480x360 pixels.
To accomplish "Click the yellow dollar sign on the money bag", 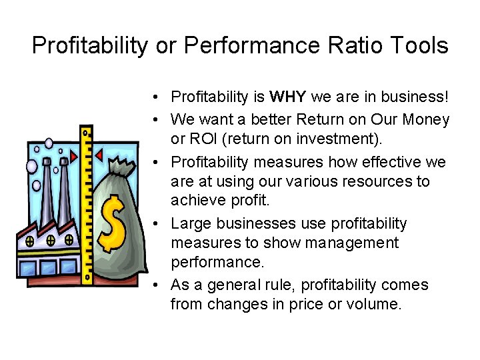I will click(x=114, y=221).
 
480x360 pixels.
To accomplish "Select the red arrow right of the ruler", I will click(x=99, y=156).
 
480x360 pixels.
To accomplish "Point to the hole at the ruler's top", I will click(x=86, y=134).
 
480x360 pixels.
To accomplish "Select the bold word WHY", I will click(x=288, y=97).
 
